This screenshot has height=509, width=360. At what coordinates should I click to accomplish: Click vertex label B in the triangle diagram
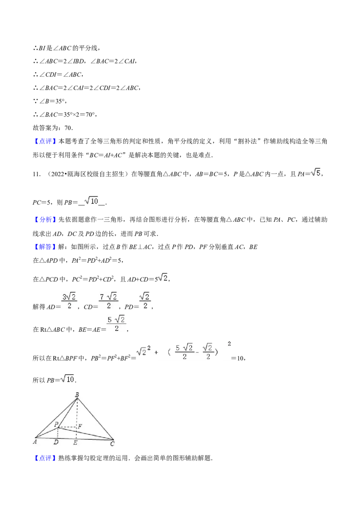pyautogui.click(x=77, y=395)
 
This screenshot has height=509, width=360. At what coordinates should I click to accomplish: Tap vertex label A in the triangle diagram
pyautogui.click(x=35, y=442)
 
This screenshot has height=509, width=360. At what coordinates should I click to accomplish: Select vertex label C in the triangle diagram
pyautogui.click(x=112, y=443)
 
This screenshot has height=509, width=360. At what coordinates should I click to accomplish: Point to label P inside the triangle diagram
pyautogui.click(x=56, y=424)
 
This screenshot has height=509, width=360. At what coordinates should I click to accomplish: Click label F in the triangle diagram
pyautogui.click(x=80, y=426)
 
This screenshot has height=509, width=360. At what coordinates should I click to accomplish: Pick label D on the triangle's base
pyautogui.click(x=56, y=442)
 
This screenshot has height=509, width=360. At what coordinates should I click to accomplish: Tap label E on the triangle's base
pyautogui.click(x=76, y=442)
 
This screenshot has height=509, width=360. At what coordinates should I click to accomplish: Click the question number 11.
pyautogui.click(x=36, y=174)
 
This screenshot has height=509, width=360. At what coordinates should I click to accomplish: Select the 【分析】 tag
pyautogui.click(x=45, y=219)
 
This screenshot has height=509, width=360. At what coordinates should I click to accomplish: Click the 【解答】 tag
pyautogui.click(x=45, y=247)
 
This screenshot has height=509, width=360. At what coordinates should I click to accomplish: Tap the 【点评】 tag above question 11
pyautogui.click(x=45, y=141)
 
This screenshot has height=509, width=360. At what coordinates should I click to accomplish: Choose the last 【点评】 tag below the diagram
pyautogui.click(x=45, y=458)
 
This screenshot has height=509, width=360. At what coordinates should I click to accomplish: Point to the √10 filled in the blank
pyautogui.click(x=91, y=201)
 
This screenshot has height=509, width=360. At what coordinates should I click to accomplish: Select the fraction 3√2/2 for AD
pyautogui.click(x=69, y=301)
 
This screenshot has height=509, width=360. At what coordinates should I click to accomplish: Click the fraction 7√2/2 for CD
pyautogui.click(x=108, y=301)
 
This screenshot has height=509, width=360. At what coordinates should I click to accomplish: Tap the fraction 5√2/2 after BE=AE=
pyautogui.click(x=117, y=324)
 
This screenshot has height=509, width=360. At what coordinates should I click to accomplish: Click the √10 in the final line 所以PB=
pyautogui.click(x=67, y=379)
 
